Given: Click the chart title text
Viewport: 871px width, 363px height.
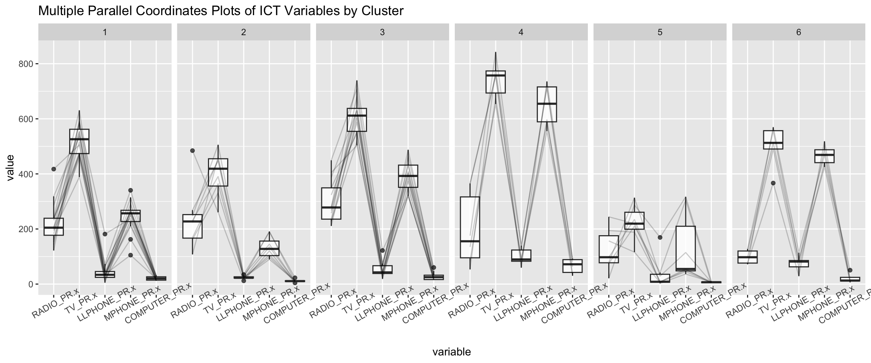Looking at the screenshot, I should [x=221, y=11].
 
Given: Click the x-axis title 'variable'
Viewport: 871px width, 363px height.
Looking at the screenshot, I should [x=451, y=352].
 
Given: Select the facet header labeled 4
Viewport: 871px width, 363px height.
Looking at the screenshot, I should [x=521, y=33].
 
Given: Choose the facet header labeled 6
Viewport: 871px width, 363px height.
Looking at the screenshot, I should [x=798, y=33].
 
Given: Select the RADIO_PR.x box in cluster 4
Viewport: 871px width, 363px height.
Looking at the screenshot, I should [x=470, y=227].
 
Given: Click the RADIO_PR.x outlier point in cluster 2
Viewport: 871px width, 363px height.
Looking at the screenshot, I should [x=192, y=150].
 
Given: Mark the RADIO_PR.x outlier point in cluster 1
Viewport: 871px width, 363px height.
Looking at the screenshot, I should [x=54, y=169].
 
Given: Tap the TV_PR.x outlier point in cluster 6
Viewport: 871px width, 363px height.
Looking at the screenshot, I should [x=773, y=183].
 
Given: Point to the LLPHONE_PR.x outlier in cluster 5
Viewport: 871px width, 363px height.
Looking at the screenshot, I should [x=660, y=237].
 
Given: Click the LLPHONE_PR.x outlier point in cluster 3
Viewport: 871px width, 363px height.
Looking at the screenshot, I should [x=382, y=250].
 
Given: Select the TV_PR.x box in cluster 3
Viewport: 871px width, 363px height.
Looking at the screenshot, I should [x=356, y=120].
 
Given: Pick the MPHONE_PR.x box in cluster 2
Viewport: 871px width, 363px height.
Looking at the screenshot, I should [x=269, y=248].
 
